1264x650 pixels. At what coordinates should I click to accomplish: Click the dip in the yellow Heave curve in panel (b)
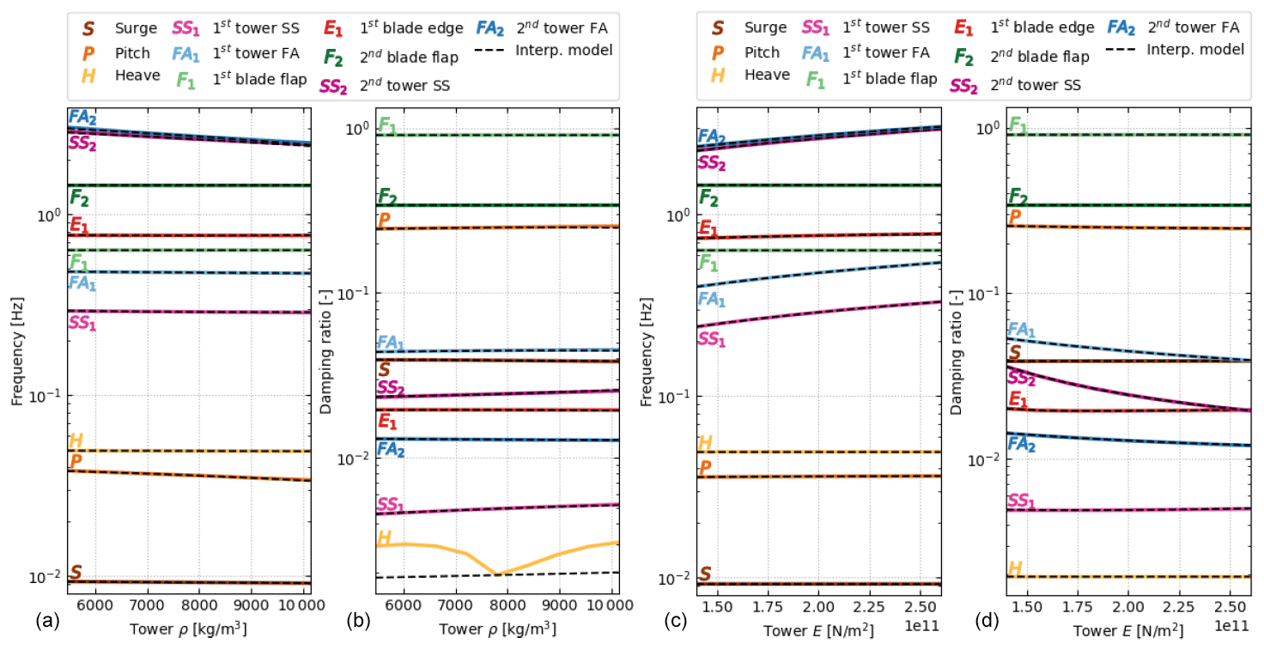pos(497,573)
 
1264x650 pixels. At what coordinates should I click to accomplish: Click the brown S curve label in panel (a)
pos(76,572)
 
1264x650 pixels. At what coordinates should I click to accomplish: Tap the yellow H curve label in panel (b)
pos(386,538)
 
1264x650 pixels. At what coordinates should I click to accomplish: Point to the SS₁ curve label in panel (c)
pos(712,339)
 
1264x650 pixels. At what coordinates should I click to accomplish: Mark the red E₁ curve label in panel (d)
pos(1018,399)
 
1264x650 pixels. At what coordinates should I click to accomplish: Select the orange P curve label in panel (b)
pos(385,221)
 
